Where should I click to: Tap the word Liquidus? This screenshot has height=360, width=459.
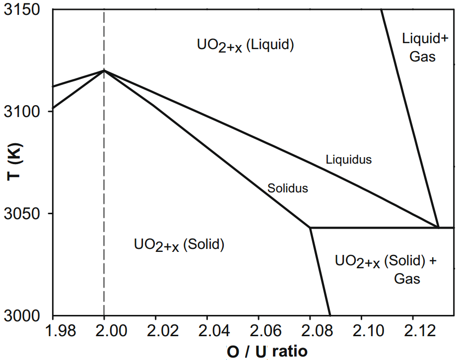(348, 160)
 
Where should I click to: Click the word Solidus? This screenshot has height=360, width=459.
(288, 188)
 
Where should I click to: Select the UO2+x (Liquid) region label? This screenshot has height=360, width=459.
(246, 45)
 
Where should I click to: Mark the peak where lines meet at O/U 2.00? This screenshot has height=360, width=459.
(104, 70)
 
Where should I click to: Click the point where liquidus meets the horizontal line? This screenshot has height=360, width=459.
(439, 227)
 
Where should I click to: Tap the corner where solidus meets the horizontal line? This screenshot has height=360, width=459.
(310, 228)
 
